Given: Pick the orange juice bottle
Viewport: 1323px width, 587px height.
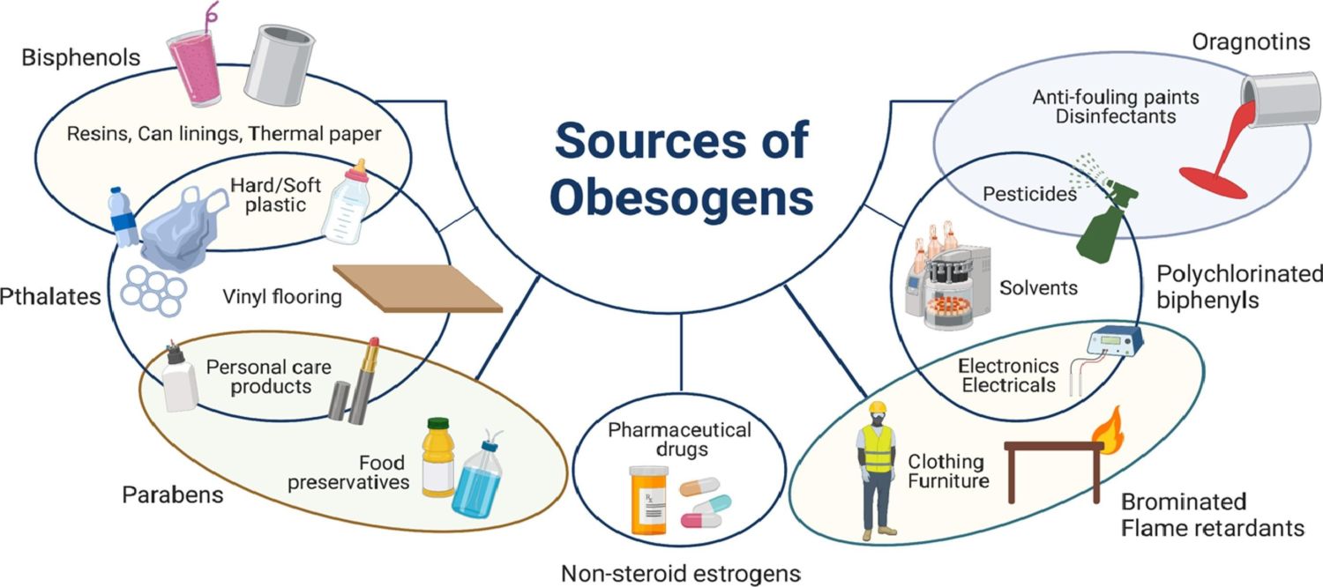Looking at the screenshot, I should [437, 458].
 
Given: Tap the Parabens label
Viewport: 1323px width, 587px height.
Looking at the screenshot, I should [172, 494].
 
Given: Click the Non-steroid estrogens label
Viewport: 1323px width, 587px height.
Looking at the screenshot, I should [680, 573].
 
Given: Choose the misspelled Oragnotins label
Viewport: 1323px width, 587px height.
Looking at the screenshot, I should [1251, 41].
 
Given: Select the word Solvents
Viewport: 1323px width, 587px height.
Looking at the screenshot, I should [1038, 288].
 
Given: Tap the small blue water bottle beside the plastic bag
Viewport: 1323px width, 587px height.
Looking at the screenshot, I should [123, 217].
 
